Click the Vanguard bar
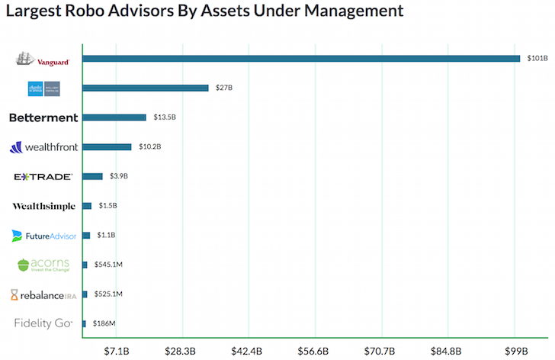301,59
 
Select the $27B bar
145,88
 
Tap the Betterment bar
114,117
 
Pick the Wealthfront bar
107,146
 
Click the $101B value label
534,59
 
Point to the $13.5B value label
165,117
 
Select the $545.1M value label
107,265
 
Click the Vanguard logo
42,59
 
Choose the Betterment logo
43,117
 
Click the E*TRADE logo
43,176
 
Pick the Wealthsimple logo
43,206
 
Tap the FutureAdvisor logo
43,236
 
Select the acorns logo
43,265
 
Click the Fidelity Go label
43,323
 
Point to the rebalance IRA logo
43,294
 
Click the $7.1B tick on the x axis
117,350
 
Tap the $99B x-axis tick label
515,350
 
